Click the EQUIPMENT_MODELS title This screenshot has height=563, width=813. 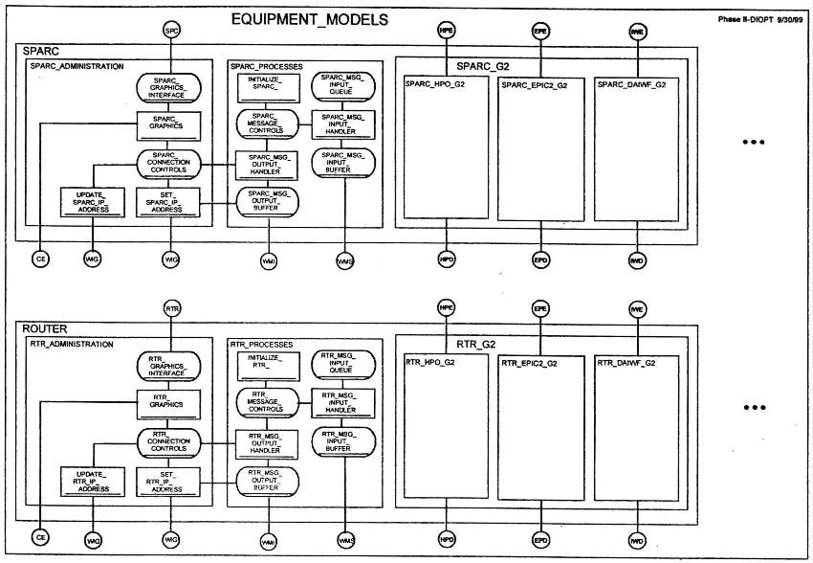(310, 19)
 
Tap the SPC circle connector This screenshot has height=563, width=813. (172, 32)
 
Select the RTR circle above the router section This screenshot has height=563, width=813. (172, 309)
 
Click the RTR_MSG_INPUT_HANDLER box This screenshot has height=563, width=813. (343, 402)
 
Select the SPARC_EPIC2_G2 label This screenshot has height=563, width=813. (534, 85)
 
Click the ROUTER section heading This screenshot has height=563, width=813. (44, 327)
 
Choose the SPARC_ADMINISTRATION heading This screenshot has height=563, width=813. (77, 66)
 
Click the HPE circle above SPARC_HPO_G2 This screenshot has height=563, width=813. (446, 32)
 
